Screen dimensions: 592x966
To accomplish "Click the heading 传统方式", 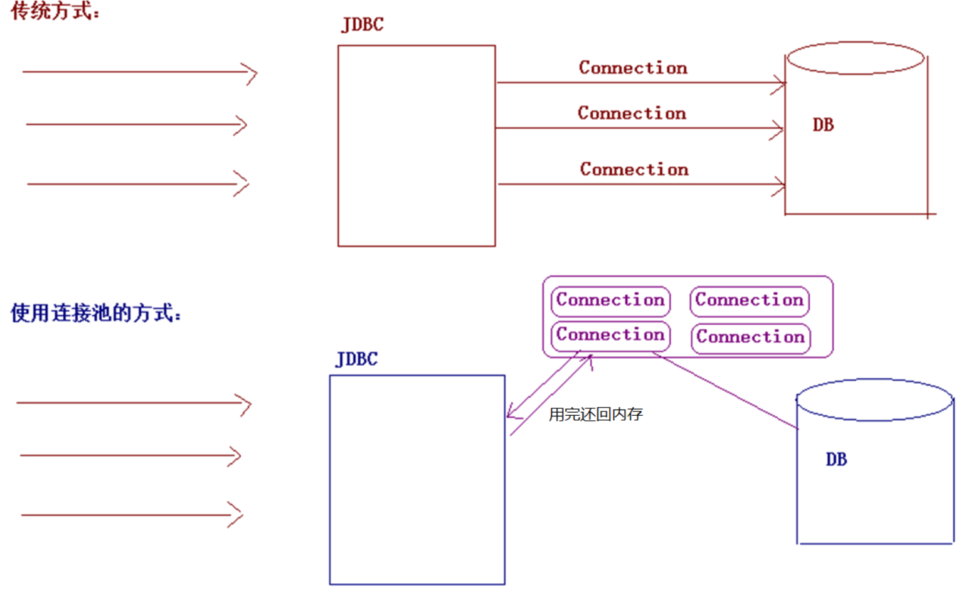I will [x=55, y=11].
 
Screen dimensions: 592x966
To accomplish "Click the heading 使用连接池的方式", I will [x=96, y=312].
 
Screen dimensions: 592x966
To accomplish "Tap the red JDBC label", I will [x=363, y=24].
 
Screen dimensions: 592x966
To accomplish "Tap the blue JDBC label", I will [x=357, y=359].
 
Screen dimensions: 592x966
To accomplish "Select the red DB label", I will [x=823, y=125].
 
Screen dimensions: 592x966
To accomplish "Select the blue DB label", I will [x=836, y=460].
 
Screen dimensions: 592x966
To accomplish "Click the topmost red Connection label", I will [x=633, y=67].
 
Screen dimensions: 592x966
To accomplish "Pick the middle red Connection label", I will [x=632, y=113].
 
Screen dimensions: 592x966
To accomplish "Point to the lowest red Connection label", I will [x=634, y=169].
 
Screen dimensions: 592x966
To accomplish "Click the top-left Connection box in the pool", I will [x=610, y=300].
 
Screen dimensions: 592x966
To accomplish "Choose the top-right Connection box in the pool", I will [x=750, y=300].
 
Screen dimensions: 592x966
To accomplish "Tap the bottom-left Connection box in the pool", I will [x=610, y=335].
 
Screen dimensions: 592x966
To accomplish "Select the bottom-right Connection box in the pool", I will [x=750, y=337].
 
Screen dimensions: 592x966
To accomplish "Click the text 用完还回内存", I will [x=596, y=414].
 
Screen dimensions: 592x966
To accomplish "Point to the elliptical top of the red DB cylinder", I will [x=856, y=58].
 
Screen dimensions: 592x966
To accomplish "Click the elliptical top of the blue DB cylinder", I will [x=874, y=399].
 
